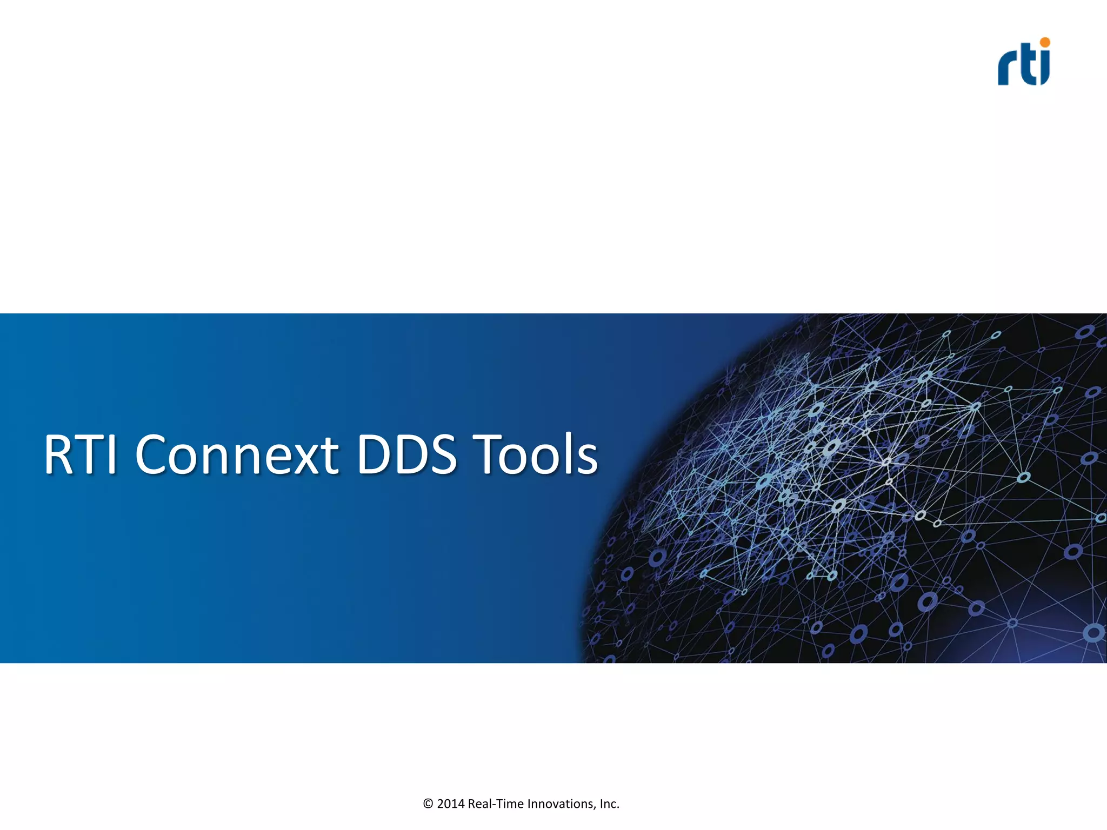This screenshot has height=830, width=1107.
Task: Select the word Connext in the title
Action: pos(237,455)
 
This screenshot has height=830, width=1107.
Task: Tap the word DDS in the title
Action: pos(406,455)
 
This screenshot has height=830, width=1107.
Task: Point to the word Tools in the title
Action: pos(535,455)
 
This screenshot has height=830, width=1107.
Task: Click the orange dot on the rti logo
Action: pos(1045,42)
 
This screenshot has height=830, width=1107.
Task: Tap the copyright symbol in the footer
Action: pos(428,804)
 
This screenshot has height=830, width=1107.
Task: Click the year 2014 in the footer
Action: pos(451,804)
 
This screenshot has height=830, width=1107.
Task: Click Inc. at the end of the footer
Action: pos(609,804)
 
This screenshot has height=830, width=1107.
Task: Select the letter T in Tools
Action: pos(489,455)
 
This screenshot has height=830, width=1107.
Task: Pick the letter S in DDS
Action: pos(439,455)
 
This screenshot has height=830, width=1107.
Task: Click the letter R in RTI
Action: pos(61,455)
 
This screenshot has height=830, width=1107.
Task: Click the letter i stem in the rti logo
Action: pos(1045,69)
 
